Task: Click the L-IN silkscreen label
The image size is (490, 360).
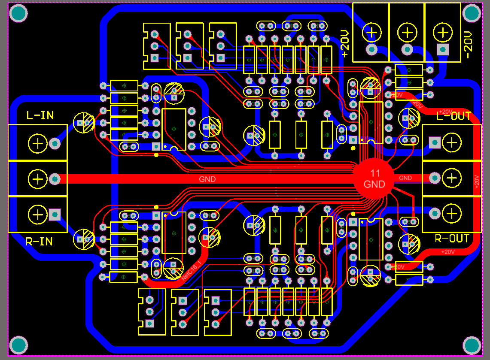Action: pos(40,115)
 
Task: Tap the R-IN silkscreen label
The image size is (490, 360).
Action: pos(39,242)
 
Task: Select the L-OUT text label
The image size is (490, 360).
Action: pos(454,116)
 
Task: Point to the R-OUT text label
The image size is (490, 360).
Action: pos(452,239)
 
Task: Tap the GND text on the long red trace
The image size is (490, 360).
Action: pos(207,179)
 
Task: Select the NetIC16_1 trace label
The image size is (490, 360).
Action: pos(191,270)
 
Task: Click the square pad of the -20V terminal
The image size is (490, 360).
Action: pos(442,49)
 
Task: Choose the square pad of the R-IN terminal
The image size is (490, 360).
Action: pos(55,214)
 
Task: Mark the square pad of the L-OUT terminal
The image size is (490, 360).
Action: pos(434,142)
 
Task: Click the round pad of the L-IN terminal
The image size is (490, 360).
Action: pos(55,143)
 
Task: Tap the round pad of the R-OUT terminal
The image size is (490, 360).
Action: pos(434,213)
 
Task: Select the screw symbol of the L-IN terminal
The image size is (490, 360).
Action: pos(38,143)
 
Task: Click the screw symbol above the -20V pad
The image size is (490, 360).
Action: pos(442,31)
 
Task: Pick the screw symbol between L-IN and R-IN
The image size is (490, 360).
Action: pos(38,178)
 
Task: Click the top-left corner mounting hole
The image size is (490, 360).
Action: pos(18,14)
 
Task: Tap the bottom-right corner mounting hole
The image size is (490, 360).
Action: pos(472,345)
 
